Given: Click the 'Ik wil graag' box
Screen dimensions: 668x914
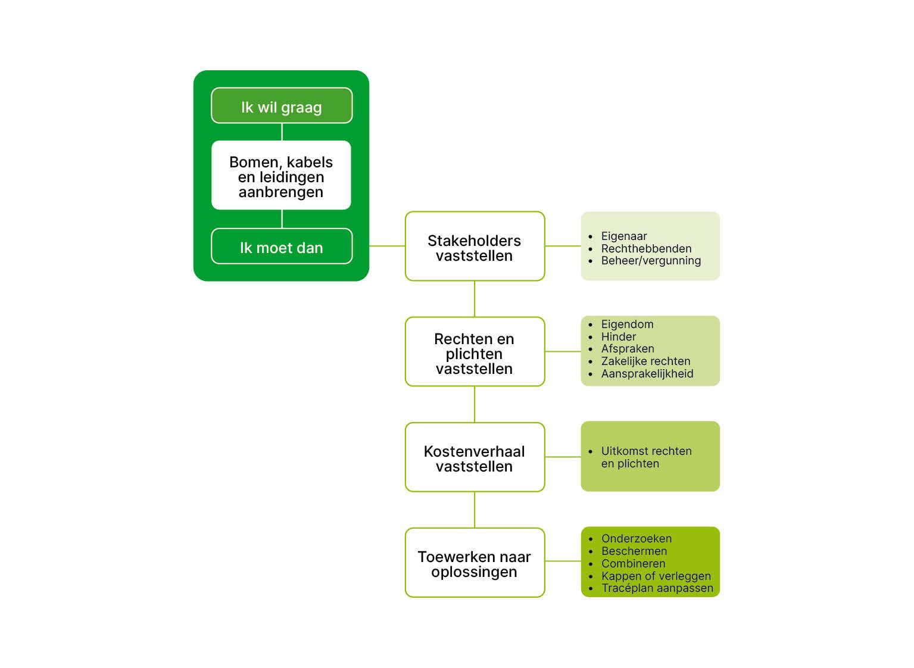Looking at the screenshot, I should coord(282,106).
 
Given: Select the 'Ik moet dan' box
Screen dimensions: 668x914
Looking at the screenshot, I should coord(282,246).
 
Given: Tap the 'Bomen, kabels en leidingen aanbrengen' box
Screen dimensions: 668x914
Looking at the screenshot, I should coord(281,176).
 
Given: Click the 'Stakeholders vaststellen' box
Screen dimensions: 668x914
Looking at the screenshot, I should coord(475,246).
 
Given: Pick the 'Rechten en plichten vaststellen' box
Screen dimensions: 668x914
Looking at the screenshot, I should coord(475,352).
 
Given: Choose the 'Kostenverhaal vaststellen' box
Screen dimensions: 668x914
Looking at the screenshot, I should coord(475,457).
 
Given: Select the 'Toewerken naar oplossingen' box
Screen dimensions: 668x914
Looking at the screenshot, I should coord(475,563).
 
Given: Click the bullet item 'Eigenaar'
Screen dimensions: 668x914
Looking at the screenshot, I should coord(624,236).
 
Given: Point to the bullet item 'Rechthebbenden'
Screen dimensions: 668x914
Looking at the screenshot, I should coord(646,249).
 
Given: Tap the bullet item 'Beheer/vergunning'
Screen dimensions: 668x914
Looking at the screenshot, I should coord(651,261).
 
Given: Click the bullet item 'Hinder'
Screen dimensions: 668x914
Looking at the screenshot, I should coord(619,337).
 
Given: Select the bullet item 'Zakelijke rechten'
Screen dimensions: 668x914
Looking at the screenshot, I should coord(645,361).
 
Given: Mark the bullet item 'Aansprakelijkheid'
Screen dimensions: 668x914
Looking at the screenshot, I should coord(647,374).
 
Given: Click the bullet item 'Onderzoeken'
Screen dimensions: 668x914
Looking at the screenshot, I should coord(637,539).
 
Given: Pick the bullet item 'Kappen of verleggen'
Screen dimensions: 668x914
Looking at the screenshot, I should coord(656,576).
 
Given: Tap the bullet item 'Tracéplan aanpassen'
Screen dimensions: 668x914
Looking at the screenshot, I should coord(657,588).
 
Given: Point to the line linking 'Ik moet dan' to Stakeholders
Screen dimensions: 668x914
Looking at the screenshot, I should coord(387,246).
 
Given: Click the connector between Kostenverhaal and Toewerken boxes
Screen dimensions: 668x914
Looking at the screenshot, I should coord(475,510).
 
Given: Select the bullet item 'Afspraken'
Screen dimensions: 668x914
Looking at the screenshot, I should coord(628,349).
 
